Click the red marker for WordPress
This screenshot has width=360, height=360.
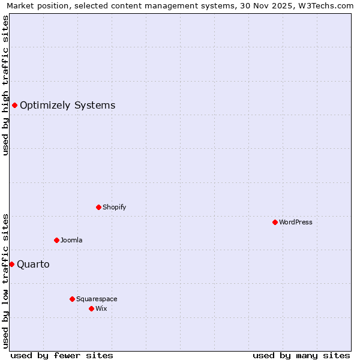[275, 222]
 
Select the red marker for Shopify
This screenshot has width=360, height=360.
[98, 207]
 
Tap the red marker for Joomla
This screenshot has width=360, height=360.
[56, 240]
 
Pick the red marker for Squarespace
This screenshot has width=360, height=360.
[72, 299]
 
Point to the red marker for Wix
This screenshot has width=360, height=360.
[91, 308]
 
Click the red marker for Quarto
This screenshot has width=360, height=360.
[11, 264]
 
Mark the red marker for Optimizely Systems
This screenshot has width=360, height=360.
[14, 106]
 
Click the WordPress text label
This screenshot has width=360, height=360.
[296, 222]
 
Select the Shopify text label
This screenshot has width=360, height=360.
[114, 207]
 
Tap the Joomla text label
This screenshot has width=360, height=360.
[71, 240]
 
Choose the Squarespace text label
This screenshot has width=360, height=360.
[97, 299]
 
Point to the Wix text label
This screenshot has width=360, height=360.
[101, 308]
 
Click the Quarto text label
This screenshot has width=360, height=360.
[33, 265]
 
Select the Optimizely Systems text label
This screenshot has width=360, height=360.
[67, 106]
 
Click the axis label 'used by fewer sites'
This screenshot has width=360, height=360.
[62, 355]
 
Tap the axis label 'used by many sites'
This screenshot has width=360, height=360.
[301, 355]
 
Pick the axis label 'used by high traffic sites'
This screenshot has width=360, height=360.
[5, 85]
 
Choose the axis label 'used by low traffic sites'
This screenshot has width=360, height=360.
[5, 280]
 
